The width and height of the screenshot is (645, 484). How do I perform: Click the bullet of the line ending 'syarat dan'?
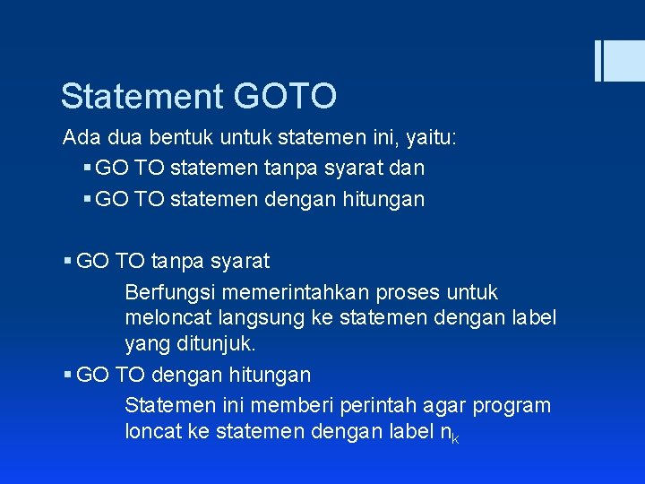click(86, 168)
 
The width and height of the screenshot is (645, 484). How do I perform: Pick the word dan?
click(407, 168)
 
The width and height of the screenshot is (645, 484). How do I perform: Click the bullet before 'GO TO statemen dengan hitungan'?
click(86, 199)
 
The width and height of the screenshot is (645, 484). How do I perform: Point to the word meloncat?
click(164, 317)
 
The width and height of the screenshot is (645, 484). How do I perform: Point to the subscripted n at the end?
click(446, 432)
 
